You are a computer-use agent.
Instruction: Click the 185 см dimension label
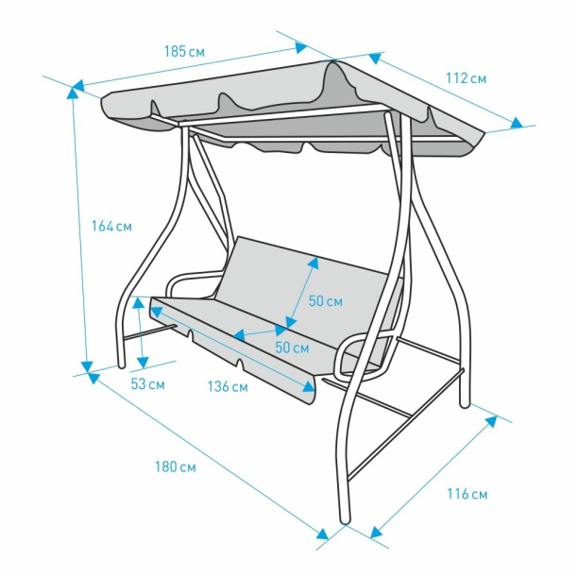point(184,51)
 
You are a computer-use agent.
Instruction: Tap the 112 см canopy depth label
point(466,78)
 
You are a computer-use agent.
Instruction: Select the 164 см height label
point(111,226)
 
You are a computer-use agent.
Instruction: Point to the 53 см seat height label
point(147,384)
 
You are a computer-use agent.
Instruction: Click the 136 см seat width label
point(228,386)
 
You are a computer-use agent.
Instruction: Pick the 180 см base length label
point(176,467)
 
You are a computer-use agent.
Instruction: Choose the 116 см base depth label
point(467,494)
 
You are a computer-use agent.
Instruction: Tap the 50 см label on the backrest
point(326,300)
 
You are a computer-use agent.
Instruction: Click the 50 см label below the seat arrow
point(292,348)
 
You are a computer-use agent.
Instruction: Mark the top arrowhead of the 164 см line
point(73,93)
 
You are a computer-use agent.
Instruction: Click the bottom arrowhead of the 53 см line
point(143,362)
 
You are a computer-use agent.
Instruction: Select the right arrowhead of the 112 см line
point(517,123)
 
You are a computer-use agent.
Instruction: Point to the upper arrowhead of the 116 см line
point(491,421)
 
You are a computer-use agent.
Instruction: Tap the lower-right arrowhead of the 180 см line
point(323,535)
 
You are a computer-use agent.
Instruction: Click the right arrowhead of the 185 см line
point(301,47)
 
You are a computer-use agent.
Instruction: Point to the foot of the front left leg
point(121,365)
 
